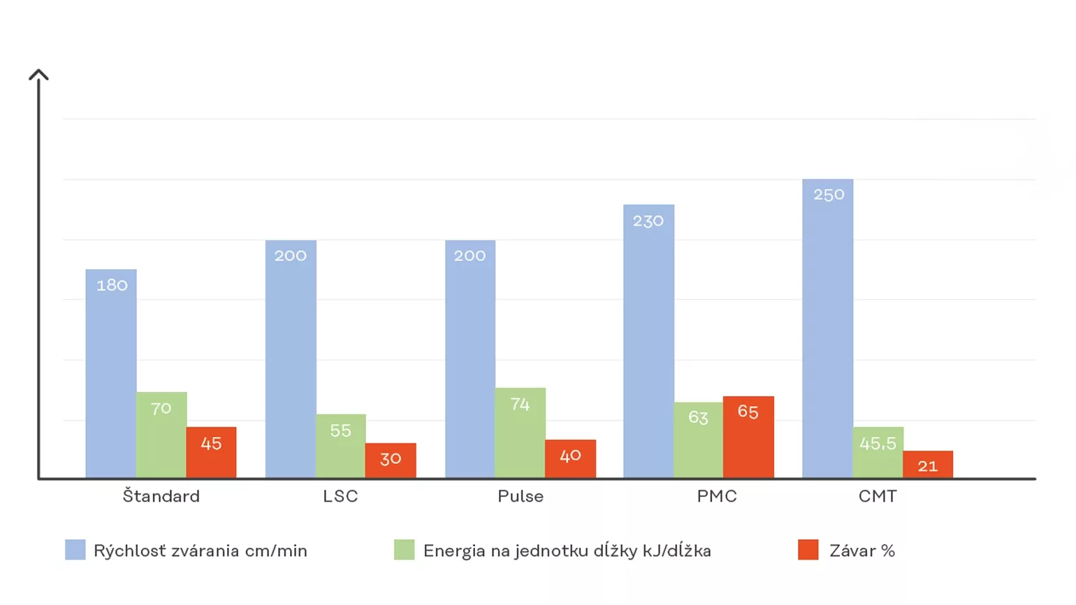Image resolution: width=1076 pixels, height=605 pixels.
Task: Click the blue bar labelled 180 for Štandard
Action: point(111,373)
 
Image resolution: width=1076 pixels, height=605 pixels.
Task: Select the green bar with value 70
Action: point(161,435)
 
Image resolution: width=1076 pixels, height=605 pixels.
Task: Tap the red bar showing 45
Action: point(211,452)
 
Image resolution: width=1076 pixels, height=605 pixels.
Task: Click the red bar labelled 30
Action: point(391,460)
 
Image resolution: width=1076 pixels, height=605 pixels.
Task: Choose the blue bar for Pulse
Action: point(470,359)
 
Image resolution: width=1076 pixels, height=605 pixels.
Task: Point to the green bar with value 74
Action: point(520,432)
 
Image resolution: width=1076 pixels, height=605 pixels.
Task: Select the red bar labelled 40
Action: point(570,458)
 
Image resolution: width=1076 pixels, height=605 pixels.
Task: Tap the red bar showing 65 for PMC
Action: point(748,437)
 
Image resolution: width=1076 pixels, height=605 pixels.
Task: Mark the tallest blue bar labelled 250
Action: point(828,328)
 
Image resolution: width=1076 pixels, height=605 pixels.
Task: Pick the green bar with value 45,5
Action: point(878,452)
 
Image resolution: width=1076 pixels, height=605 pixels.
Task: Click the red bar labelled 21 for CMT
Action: point(928,465)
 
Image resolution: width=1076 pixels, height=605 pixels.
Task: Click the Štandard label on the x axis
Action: point(161,496)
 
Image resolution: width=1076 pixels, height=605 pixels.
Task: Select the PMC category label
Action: point(717,496)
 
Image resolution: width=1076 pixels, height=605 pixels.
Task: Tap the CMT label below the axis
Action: point(878,496)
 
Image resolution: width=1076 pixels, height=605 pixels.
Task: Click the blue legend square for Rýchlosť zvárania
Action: point(75,550)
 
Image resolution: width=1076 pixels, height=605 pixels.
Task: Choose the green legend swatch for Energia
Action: point(404,550)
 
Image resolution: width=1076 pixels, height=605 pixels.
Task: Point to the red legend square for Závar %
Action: point(808,550)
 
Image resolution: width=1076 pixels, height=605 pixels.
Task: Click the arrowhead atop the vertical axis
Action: point(38,74)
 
